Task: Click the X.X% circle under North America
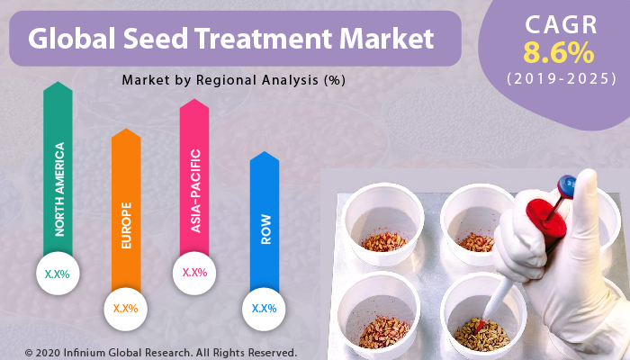[x=58, y=272]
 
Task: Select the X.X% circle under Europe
[x=126, y=309]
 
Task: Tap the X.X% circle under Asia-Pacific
[x=194, y=272]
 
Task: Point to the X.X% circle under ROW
[x=264, y=309]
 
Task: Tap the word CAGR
[x=560, y=22]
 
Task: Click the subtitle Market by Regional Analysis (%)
[x=234, y=80]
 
